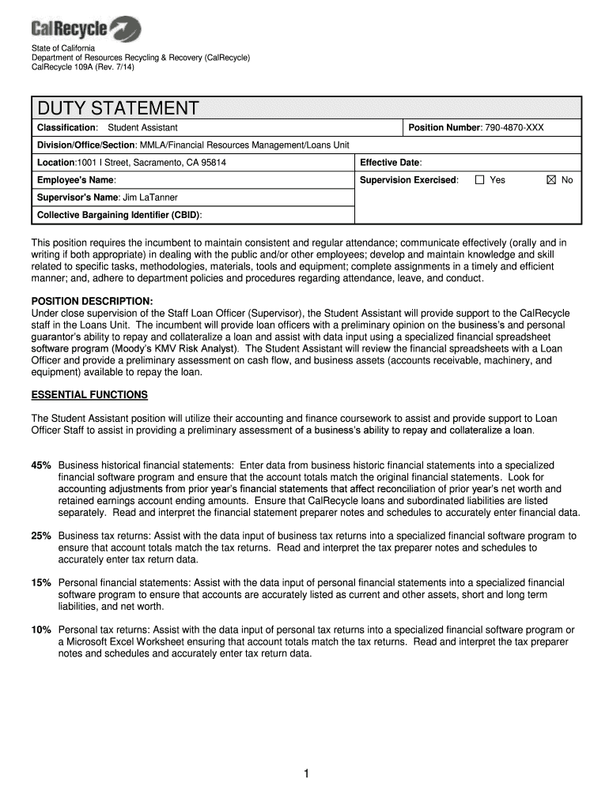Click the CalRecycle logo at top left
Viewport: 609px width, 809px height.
coord(86,29)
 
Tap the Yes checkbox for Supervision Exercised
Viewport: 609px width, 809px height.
coord(479,180)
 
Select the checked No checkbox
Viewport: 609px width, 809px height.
coord(551,180)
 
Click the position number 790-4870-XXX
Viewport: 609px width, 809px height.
coord(513,127)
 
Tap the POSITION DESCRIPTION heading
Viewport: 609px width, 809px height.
coord(92,301)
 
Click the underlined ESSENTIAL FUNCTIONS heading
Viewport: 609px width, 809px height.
coord(89,394)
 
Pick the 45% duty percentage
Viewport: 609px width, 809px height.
coord(41,465)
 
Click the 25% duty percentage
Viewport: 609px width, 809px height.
coord(41,536)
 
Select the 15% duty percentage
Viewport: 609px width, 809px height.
coord(41,582)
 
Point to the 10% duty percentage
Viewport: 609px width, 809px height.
coord(41,630)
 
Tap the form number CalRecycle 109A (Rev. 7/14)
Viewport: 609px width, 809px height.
coord(84,67)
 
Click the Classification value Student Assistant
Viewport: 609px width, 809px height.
coord(142,127)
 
